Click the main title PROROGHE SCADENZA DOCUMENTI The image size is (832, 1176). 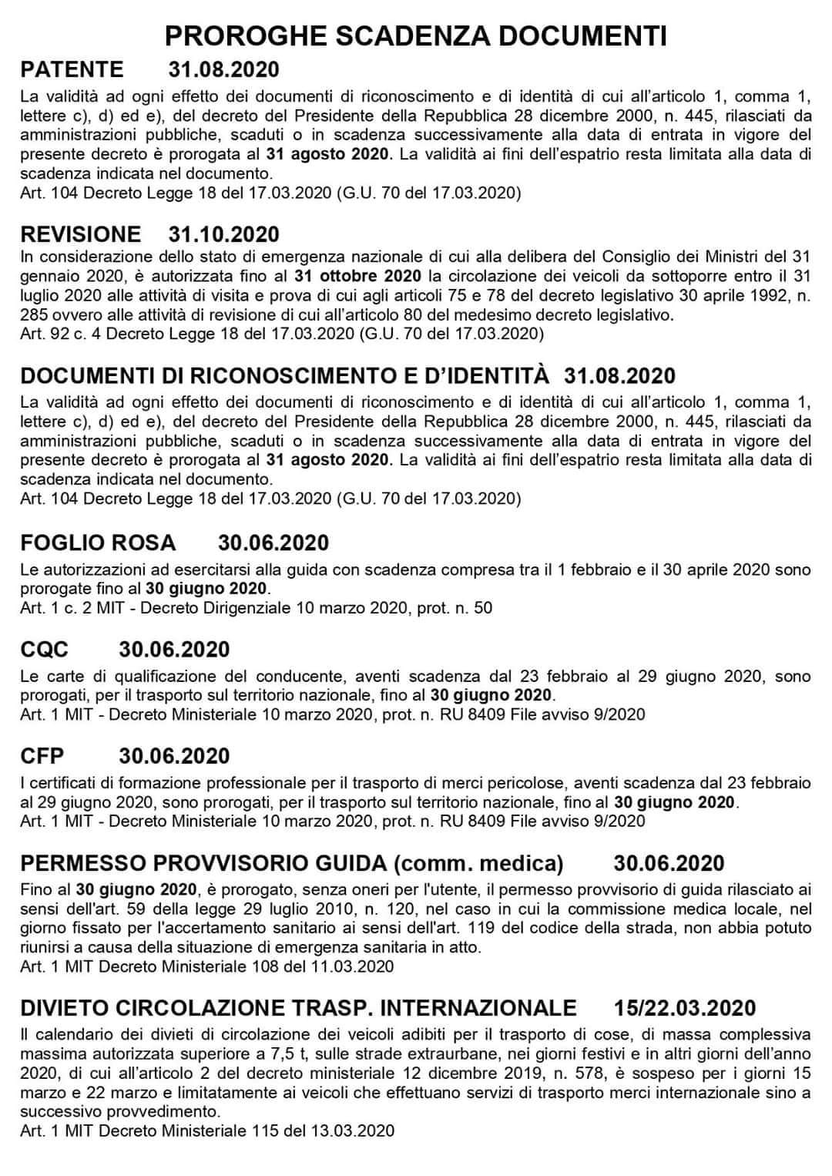pos(415,36)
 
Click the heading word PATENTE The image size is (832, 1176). pos(72,69)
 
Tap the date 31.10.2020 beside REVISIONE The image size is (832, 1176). pos(223,234)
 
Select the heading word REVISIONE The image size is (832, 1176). pos(81,234)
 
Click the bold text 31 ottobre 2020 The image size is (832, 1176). pos(357,276)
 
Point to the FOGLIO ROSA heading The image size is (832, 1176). pos(98,543)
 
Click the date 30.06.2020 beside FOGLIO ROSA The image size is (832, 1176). pos(273,543)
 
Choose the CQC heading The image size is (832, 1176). pos(45,649)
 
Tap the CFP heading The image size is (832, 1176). pos(42,755)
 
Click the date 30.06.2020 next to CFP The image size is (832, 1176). pos(174,755)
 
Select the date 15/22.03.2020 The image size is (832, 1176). pos(685,1007)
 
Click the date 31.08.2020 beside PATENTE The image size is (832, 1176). pos(223,69)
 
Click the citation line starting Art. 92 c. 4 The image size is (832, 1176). pos(282,334)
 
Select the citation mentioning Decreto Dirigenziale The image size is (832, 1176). pos(256,608)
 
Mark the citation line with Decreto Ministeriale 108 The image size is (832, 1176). pos(207,966)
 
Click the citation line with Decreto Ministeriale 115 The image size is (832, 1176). pos(207,1131)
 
